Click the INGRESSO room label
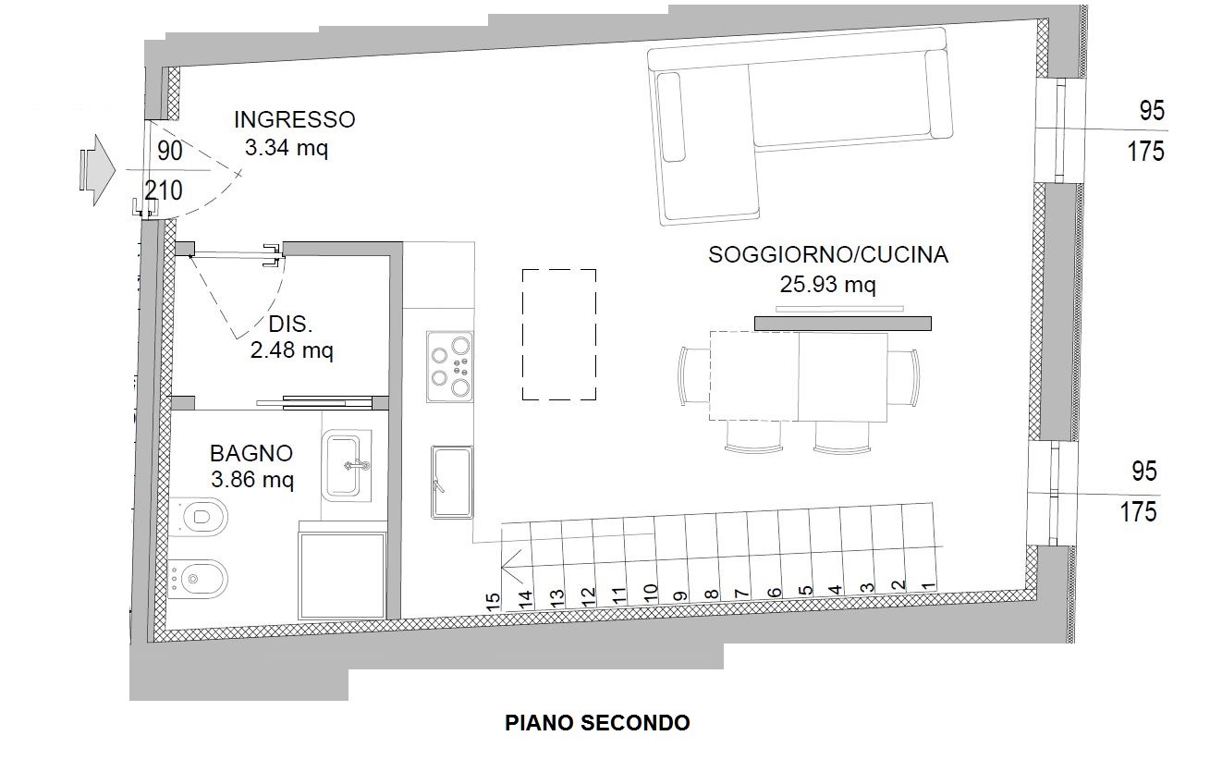(x=294, y=119)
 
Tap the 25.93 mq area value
(x=827, y=285)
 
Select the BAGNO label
(x=251, y=453)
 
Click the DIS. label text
(x=290, y=325)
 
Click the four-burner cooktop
(x=450, y=366)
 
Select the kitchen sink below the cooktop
(x=451, y=482)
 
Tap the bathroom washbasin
(x=348, y=465)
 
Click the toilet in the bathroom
(x=200, y=515)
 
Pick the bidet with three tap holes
(x=196, y=580)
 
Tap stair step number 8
(x=710, y=594)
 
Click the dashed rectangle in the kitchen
(x=558, y=335)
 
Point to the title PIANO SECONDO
(x=597, y=722)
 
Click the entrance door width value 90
(x=170, y=151)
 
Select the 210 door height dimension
(x=164, y=190)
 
